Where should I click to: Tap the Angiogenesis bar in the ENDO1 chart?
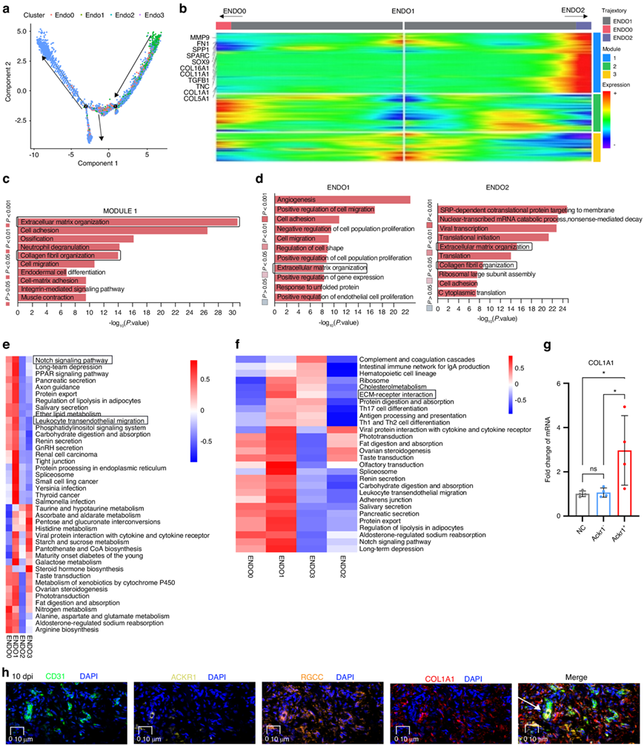[342, 199]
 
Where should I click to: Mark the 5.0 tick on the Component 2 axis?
[24, 32]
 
